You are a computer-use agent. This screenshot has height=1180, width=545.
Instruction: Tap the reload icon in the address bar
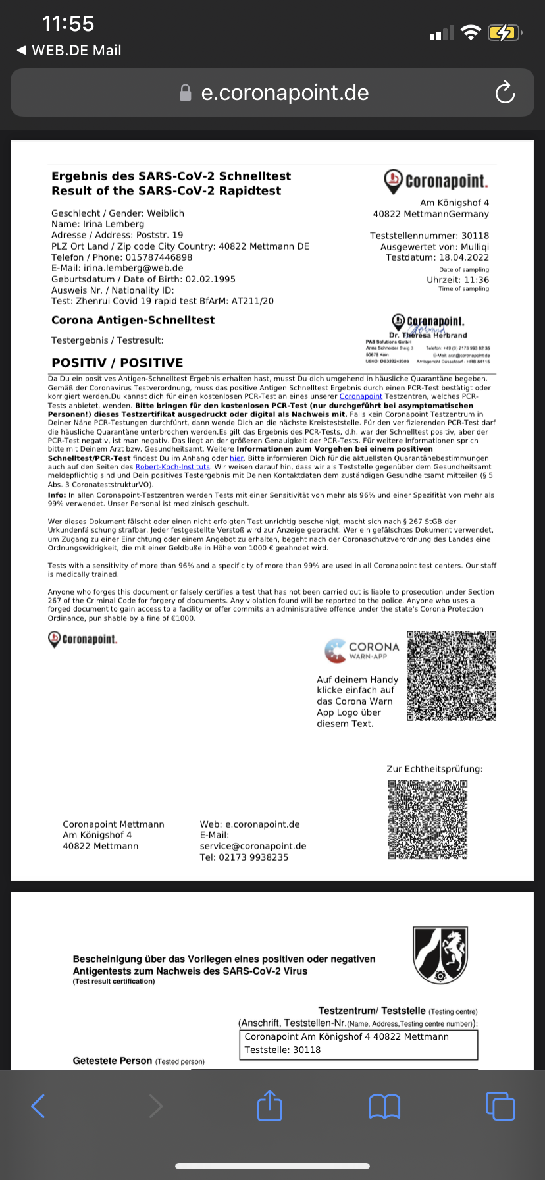pos(505,93)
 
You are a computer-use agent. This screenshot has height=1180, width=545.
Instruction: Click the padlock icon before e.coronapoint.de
pos(186,93)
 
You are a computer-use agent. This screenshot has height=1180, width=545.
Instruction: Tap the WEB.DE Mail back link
pos(70,51)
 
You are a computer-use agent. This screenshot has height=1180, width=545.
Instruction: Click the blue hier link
pos(236,458)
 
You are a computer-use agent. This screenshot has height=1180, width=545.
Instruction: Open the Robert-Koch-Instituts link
pos(172,467)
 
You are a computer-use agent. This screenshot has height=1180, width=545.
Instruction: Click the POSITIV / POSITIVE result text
pos(117,363)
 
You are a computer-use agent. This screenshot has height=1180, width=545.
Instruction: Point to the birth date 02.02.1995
pos(210,279)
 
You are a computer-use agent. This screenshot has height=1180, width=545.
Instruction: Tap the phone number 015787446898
pos(159,257)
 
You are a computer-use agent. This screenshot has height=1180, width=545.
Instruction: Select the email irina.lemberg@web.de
pos(133,268)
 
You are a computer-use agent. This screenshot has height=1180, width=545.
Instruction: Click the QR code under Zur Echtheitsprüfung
pos(428,820)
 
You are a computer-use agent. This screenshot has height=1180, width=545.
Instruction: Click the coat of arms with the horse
pos(440,955)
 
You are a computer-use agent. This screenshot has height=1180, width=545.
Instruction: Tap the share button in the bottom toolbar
pos(269,1106)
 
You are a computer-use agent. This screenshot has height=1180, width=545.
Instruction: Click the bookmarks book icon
pos(384,1106)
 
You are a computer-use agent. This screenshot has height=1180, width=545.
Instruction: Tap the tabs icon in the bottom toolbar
pos(500,1106)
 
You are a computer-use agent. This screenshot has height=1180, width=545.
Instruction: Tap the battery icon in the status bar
pos(504,32)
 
